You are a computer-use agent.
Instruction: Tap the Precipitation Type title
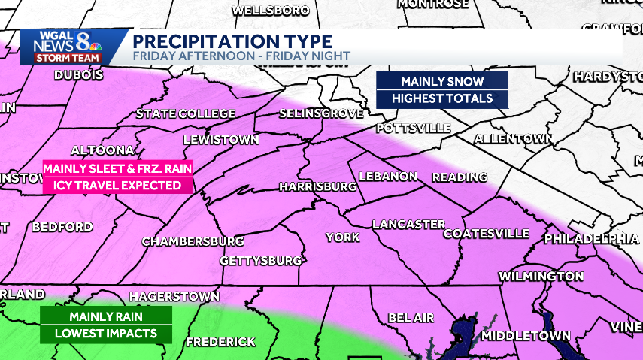click(232, 41)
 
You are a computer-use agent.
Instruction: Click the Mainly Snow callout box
click(441, 81)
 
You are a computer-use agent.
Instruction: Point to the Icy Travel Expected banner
click(117, 185)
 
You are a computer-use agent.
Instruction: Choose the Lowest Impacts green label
click(106, 334)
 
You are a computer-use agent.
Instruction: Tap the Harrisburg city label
click(317, 186)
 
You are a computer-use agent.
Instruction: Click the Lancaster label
click(408, 225)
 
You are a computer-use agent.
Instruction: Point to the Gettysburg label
click(260, 261)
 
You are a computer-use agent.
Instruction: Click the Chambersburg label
click(193, 241)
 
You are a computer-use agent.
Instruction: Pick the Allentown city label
click(514, 139)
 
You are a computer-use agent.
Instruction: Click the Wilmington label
click(541, 277)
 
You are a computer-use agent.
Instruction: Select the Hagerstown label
click(174, 297)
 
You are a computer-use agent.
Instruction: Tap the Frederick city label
click(220, 342)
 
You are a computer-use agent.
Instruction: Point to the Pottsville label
click(413, 128)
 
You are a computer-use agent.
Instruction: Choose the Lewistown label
click(221, 140)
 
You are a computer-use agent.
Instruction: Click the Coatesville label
click(486, 234)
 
